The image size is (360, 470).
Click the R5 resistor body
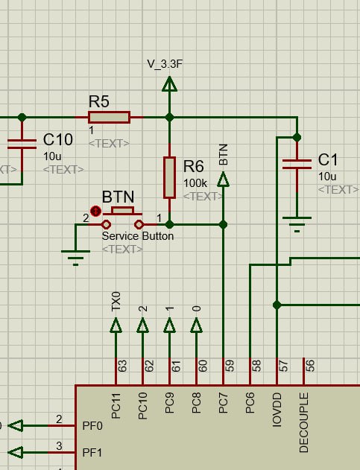pyautogui.click(x=110, y=117)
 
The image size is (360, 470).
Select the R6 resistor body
pyautogui.click(x=169, y=177)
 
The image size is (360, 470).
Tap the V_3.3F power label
pyautogui.click(x=165, y=64)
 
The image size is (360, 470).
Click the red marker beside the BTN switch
pyautogui.click(x=96, y=212)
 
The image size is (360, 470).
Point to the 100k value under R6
pyautogui.click(x=195, y=182)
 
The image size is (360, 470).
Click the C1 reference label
pyautogui.click(x=328, y=159)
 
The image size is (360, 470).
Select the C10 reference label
pyautogui.click(x=58, y=139)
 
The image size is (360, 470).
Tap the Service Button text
pyautogui.click(x=138, y=236)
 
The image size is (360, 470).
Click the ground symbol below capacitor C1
pyautogui.click(x=297, y=224)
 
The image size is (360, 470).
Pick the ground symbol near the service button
pyautogui.click(x=75, y=258)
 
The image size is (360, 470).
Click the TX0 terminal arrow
pyautogui.click(x=116, y=325)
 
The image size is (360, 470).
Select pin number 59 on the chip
pyautogui.click(x=230, y=366)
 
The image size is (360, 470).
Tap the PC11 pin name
pyautogui.click(x=116, y=405)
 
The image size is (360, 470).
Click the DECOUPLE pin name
pyautogui.click(x=303, y=422)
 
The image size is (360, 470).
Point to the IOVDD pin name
pyautogui.click(x=277, y=410)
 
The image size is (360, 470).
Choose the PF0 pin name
pyautogui.click(x=92, y=425)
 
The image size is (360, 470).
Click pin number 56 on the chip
pyautogui.click(x=311, y=366)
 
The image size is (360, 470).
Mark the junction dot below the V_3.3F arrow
pyautogui.click(x=169, y=117)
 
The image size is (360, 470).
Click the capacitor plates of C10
pyautogui.click(x=22, y=144)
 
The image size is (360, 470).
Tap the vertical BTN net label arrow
pyautogui.click(x=223, y=179)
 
